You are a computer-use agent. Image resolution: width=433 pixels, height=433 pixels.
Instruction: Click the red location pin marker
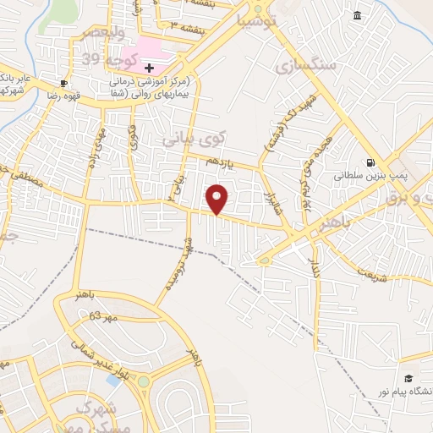tap(217, 198)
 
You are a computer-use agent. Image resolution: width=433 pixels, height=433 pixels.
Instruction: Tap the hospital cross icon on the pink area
tap(150, 68)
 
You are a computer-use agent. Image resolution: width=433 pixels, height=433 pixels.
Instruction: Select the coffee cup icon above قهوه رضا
tap(63, 83)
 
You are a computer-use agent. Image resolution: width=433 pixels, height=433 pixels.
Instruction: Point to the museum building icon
tap(357, 16)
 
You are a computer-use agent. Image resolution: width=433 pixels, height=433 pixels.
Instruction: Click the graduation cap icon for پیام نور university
tap(408, 378)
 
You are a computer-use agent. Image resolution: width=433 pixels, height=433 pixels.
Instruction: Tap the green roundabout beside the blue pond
tap(144, 381)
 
